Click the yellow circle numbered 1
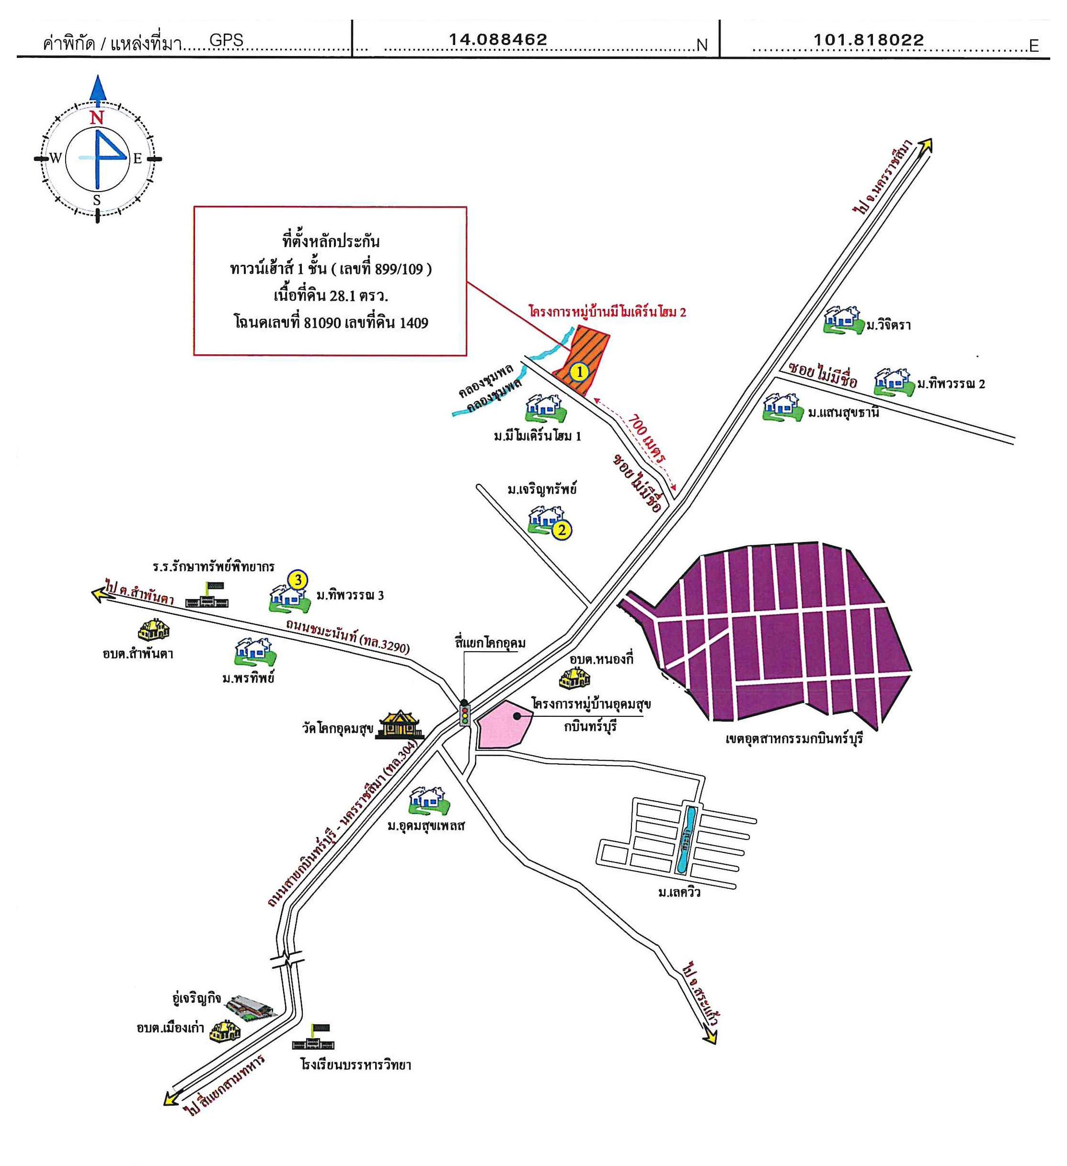[x=579, y=372]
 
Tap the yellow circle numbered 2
[x=561, y=529]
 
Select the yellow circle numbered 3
[x=298, y=579]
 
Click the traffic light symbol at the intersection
[x=464, y=713]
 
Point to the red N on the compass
[x=97, y=117]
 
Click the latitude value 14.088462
[x=498, y=39]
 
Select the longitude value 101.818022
[x=869, y=39]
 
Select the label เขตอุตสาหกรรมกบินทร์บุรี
[x=794, y=738]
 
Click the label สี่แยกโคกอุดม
[x=490, y=643]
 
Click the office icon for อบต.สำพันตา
[x=154, y=629]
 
